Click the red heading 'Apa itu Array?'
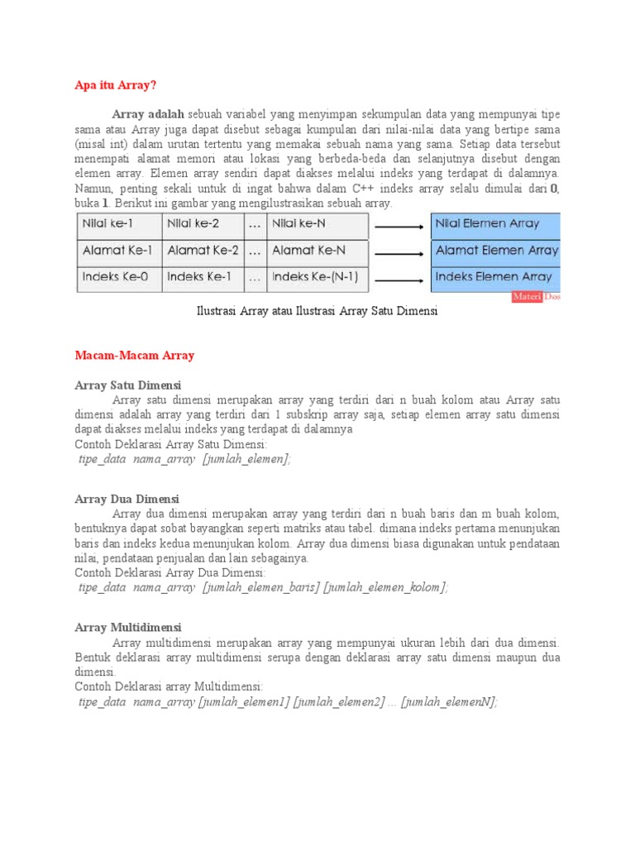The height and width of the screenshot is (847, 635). click(x=115, y=85)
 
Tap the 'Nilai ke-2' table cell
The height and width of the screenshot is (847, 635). click(x=203, y=223)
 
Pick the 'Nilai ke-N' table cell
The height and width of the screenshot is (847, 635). click(x=317, y=223)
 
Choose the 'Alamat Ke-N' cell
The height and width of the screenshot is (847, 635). click(x=317, y=250)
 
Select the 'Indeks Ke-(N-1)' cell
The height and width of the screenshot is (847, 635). click(x=317, y=277)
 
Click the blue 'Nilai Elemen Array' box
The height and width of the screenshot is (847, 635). click(x=496, y=223)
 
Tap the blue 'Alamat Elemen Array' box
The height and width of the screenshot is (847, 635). click(x=496, y=250)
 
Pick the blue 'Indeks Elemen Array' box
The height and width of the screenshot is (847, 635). click(x=496, y=277)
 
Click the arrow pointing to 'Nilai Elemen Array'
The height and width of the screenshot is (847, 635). click(x=400, y=225)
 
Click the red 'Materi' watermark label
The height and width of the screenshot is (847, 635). click(x=527, y=297)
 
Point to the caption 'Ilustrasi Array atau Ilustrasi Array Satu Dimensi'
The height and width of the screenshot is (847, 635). click(x=317, y=312)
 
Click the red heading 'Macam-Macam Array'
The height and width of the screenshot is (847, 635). click(x=134, y=356)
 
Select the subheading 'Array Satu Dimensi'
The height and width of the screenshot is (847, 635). click(x=127, y=385)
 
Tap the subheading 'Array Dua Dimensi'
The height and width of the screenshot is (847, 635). click(x=127, y=499)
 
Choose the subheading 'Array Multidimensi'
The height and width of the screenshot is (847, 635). click(x=127, y=627)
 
